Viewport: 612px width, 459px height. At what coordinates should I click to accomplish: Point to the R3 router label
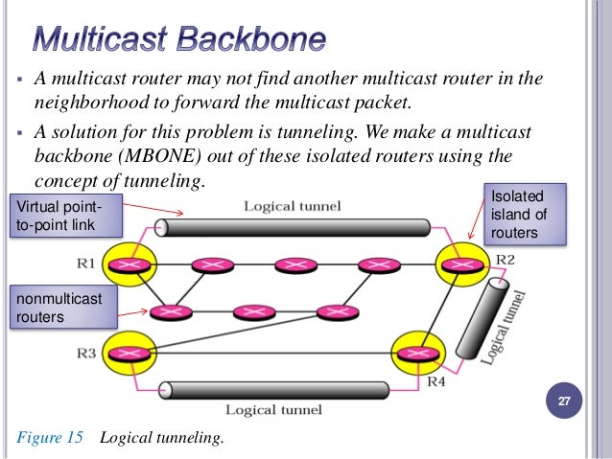86,353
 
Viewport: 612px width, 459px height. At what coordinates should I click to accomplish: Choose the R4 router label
436,381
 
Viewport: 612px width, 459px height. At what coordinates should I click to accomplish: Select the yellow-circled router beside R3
132,350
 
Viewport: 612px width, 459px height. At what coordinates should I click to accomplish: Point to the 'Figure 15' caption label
51,438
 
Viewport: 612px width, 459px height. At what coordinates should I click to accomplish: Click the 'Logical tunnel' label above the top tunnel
292,205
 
